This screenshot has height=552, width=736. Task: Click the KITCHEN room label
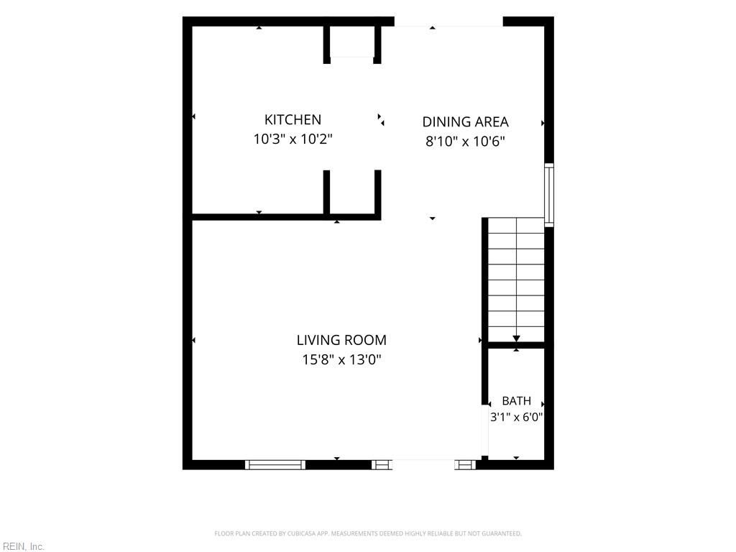coord(293,120)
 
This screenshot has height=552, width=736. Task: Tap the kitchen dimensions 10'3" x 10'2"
coord(293,139)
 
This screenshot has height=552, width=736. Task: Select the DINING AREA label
coord(465,122)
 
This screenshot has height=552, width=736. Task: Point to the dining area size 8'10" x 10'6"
coord(465,141)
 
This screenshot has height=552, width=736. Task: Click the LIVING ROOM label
coord(341,340)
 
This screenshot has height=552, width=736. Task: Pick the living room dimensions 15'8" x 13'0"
coord(341,359)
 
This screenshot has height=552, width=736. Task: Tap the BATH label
coord(516,401)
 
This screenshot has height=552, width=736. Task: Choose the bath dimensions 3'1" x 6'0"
coord(516,417)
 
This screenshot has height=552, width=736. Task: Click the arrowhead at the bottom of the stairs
coord(516,339)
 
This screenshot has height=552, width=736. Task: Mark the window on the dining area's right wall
coord(548,195)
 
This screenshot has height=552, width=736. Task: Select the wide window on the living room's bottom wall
coord(275,465)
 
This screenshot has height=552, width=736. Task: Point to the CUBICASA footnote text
coord(368,533)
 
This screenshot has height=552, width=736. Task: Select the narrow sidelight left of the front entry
coord(382,465)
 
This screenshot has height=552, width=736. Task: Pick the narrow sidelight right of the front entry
coord(465,465)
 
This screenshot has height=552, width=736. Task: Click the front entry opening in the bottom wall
coord(423,465)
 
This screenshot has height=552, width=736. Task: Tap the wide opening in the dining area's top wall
coord(448,22)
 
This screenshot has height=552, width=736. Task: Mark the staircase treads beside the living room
coord(516,280)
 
